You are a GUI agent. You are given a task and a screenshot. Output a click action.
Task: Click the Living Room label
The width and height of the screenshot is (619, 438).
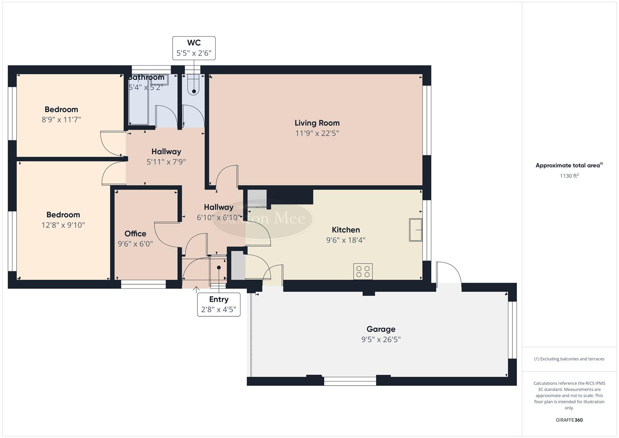[317, 123]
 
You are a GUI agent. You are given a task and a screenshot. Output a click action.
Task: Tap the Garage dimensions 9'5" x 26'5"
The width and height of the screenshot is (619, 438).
[381, 339]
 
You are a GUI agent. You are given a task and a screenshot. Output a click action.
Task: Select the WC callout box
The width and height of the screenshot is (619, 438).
[194, 48]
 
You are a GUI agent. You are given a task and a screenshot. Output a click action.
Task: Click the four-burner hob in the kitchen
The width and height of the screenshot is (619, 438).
[363, 271]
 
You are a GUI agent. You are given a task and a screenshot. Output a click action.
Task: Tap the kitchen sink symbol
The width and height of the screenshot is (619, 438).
[416, 230]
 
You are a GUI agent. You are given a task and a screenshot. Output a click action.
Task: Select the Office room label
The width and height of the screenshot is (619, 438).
[135, 234]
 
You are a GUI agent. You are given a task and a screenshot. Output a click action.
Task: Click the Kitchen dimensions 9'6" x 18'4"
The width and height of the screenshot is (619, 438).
[346, 240]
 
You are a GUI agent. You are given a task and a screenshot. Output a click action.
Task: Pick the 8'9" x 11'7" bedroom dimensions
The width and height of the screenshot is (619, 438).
[61, 120]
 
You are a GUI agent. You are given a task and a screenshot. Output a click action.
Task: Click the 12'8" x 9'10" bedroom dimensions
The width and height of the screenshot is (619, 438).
[63, 225]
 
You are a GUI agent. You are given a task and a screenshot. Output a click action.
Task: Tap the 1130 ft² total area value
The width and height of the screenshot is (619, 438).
[569, 176]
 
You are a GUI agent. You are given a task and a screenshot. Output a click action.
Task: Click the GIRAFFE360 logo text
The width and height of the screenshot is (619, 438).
[569, 420]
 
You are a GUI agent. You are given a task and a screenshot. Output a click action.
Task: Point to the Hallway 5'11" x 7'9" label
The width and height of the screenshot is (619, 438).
[166, 157]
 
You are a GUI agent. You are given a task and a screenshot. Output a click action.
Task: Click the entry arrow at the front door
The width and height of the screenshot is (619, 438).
[196, 290]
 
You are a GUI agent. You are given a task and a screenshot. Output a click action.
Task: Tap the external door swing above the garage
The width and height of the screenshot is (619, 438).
[449, 273]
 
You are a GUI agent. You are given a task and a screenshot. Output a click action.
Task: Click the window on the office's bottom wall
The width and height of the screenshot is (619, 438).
[144, 285]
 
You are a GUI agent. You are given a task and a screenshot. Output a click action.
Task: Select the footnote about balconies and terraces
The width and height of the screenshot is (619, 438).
[569, 359]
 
